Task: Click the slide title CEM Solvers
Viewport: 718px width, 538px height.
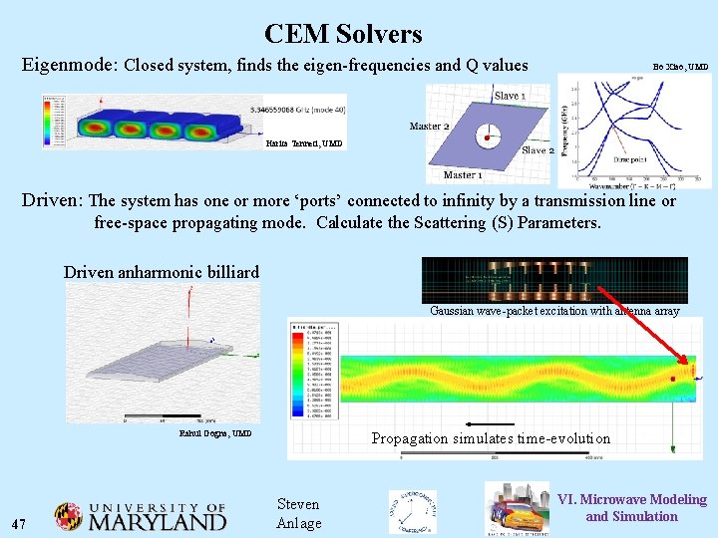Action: (x=343, y=34)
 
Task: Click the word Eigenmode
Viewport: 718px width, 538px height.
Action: (x=69, y=66)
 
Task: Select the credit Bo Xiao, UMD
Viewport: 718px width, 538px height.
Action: (x=680, y=67)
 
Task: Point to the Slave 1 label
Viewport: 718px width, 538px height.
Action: (x=510, y=96)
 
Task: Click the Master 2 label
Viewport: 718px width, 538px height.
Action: (x=429, y=127)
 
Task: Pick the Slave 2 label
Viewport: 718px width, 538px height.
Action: (x=538, y=150)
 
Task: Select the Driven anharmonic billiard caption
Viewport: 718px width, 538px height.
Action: (x=161, y=272)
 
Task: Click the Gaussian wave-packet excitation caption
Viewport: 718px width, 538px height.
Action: (x=554, y=311)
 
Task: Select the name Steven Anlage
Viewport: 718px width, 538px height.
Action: (x=298, y=514)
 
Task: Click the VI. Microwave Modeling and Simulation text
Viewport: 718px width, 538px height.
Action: (x=631, y=508)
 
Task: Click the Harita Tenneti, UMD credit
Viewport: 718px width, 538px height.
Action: (x=304, y=143)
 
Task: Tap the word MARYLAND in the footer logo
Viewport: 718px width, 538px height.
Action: (x=158, y=521)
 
